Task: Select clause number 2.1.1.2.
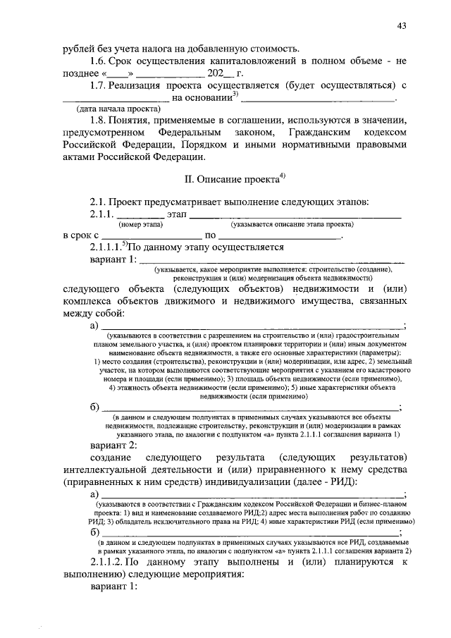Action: [x=112, y=562]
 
